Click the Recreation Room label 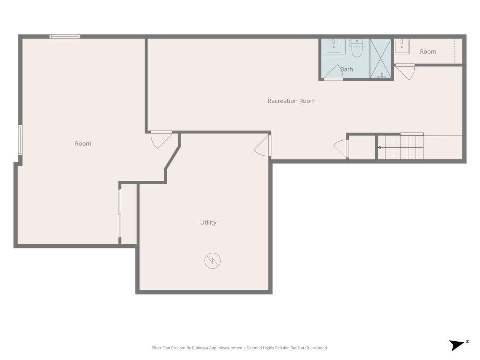click(x=291, y=101)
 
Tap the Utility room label click(x=208, y=222)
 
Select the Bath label click(x=346, y=69)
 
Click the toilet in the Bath click(x=357, y=48)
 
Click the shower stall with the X click(x=381, y=58)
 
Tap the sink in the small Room click(x=402, y=46)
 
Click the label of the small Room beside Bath click(x=428, y=52)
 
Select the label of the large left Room click(x=83, y=144)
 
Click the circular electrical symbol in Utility click(x=212, y=261)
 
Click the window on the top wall click(x=64, y=36)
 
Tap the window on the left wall click(x=20, y=140)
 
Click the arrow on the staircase click(x=400, y=147)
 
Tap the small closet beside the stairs click(x=362, y=147)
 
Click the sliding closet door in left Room click(x=120, y=213)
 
